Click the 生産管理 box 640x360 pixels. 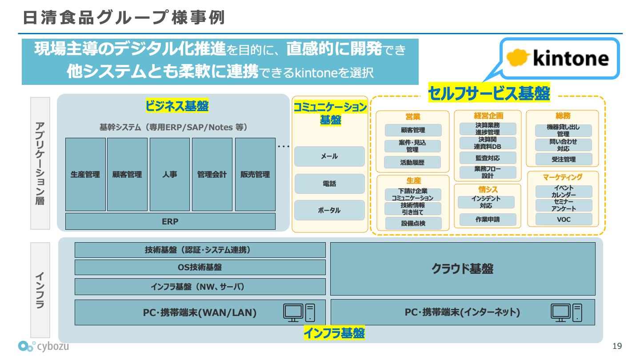coord(85,175)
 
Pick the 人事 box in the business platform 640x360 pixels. coord(170,175)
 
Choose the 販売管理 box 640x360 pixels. coord(255,175)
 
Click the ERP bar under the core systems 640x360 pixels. coord(170,221)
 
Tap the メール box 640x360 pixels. coord(329,156)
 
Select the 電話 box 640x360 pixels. coord(329,184)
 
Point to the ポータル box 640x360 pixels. coord(329,210)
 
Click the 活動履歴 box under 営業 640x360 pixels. coord(412,163)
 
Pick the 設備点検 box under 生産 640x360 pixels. coord(413,224)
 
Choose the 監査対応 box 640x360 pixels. coord(487,158)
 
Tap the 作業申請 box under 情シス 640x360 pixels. coord(487,220)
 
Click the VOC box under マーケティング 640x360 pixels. coord(564,220)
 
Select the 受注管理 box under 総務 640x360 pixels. coord(564,159)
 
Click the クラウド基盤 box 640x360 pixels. coord(463,269)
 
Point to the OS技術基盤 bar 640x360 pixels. coord(200,268)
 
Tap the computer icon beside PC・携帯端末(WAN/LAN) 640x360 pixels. coord(299,312)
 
